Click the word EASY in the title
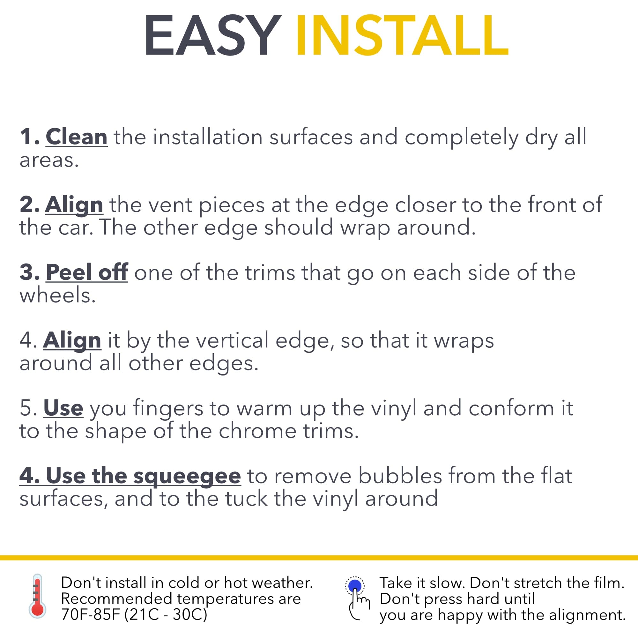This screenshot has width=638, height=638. pos(212,35)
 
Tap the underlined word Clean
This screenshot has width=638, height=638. pos(77,137)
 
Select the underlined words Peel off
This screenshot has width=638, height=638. pos(87,272)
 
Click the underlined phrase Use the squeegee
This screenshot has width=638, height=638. pos(130,476)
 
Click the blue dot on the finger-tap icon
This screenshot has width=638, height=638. pos(355,585)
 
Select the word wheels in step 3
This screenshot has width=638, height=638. pos(57,295)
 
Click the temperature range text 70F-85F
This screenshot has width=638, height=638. pos(91,615)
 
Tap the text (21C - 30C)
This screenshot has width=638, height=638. pos(166,615)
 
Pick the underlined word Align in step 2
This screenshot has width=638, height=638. pos(74,205)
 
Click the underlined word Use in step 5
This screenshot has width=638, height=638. pos(63,408)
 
